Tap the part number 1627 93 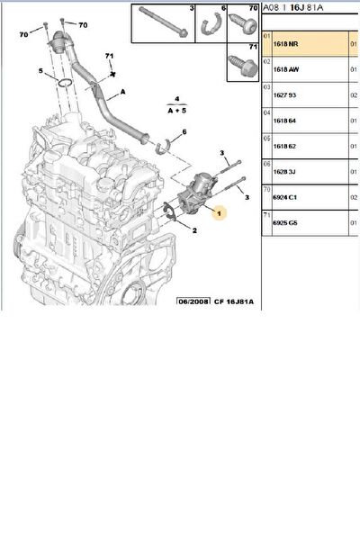285,93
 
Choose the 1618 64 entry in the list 285,117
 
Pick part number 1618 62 285,142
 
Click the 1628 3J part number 285,167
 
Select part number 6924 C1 285,193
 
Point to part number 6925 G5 285,218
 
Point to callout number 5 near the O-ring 41,71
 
